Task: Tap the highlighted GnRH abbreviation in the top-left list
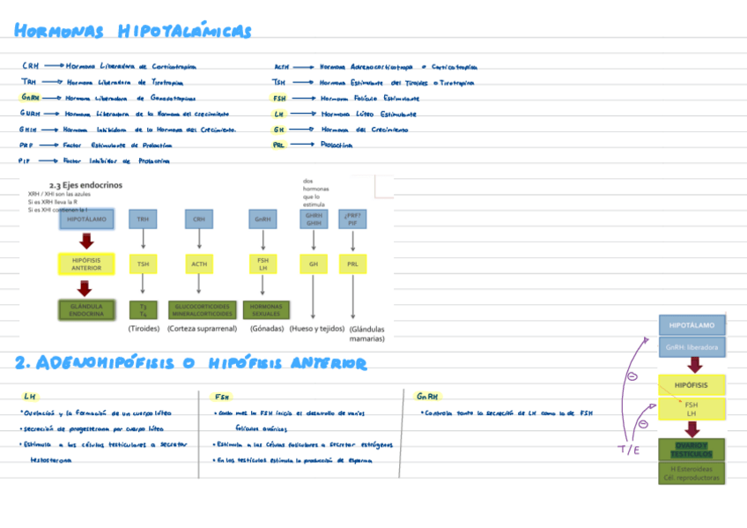tap(30, 98)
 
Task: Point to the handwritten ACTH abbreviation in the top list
tap(282, 66)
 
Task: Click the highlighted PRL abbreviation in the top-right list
tap(278, 145)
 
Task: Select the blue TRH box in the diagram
tap(142, 219)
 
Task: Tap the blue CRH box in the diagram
tap(199, 219)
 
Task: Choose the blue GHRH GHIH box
tap(314, 219)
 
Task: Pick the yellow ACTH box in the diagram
tap(199, 264)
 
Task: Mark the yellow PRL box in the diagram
tap(352, 264)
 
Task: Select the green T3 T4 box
tap(142, 309)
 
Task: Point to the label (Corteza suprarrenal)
tap(202, 329)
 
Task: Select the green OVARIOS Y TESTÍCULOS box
tap(692, 450)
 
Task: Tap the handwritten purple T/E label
tap(628, 450)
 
